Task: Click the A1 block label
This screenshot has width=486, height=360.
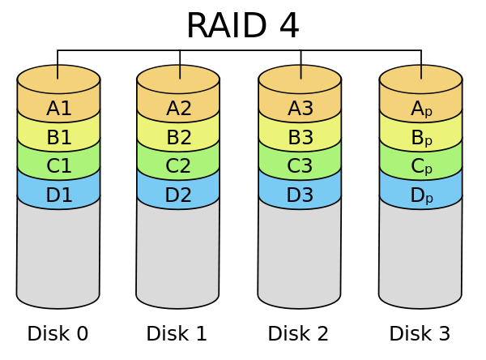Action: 58,109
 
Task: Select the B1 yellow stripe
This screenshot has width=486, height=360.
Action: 58,138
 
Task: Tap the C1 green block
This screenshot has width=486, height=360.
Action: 58,166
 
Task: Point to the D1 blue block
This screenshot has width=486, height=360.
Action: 58,195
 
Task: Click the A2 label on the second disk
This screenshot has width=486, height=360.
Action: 178,109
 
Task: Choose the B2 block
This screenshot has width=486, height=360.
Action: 178,138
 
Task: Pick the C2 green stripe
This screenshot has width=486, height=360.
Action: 178,166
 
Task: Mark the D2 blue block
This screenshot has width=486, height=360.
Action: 178,195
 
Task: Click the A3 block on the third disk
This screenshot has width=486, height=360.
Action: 300,109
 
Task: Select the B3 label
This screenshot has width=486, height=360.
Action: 300,138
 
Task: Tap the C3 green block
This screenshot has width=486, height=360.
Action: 300,166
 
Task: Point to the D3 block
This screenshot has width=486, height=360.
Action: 300,195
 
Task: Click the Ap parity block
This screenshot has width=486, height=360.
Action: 421,109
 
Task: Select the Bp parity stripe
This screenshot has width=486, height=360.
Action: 421,138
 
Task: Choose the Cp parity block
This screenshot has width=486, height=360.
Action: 421,166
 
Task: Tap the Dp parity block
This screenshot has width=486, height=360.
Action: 421,195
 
